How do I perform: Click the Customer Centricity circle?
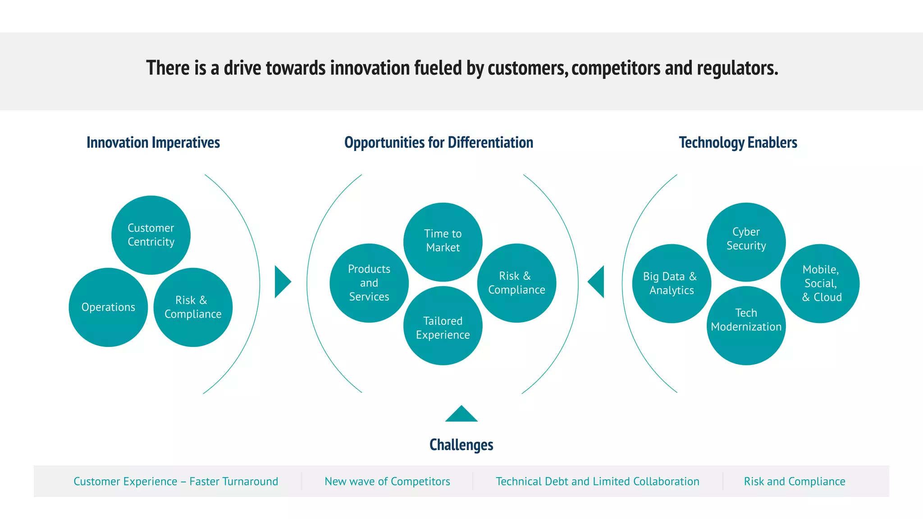click(x=151, y=235)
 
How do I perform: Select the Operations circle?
click(x=108, y=307)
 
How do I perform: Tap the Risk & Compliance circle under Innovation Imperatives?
click(x=193, y=307)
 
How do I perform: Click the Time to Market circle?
click(x=443, y=241)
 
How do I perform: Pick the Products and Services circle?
click(x=369, y=283)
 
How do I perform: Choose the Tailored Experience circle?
click(x=443, y=326)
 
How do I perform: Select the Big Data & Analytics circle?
click(x=672, y=283)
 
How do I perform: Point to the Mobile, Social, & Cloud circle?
click(x=820, y=283)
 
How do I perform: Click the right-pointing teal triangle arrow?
click(x=282, y=282)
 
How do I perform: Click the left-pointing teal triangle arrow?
click(x=597, y=282)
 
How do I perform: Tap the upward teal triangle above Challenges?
click(x=461, y=415)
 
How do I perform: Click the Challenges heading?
click(x=461, y=445)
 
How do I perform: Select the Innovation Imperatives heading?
click(x=153, y=142)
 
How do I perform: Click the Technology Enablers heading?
click(x=738, y=142)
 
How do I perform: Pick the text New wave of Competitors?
click(x=387, y=482)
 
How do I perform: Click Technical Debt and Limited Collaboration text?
click(x=597, y=482)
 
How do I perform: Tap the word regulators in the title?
click(x=737, y=68)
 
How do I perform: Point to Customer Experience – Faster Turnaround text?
click(x=176, y=482)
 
